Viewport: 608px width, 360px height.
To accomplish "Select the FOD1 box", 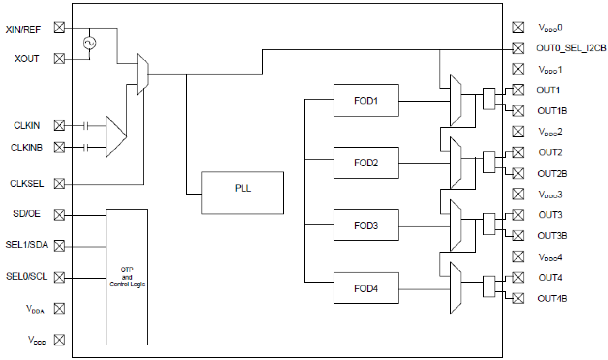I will pos(365,100).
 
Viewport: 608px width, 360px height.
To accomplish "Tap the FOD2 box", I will pos(365,163).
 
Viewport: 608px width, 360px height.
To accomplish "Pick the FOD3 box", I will pos(365,225).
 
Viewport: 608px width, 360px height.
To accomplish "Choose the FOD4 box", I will pos(365,288).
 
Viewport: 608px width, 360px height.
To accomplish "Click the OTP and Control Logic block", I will pos(127,277).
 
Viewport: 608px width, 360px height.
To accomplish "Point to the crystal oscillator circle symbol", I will pos(90,43).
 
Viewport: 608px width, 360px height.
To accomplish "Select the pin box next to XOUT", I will pos(59,59).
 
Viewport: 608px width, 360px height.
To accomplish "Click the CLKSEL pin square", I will pos(59,184).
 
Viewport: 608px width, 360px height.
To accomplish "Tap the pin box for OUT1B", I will pos(518,111).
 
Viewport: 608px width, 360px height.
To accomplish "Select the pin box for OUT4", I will pos(518,277).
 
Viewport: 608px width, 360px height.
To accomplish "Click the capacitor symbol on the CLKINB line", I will pos(86,147).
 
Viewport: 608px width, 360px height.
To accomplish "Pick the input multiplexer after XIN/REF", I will pos(142,74).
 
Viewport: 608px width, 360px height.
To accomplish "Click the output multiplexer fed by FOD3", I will pos(456,225).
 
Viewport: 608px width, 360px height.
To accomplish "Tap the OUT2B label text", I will pos(552,173).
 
